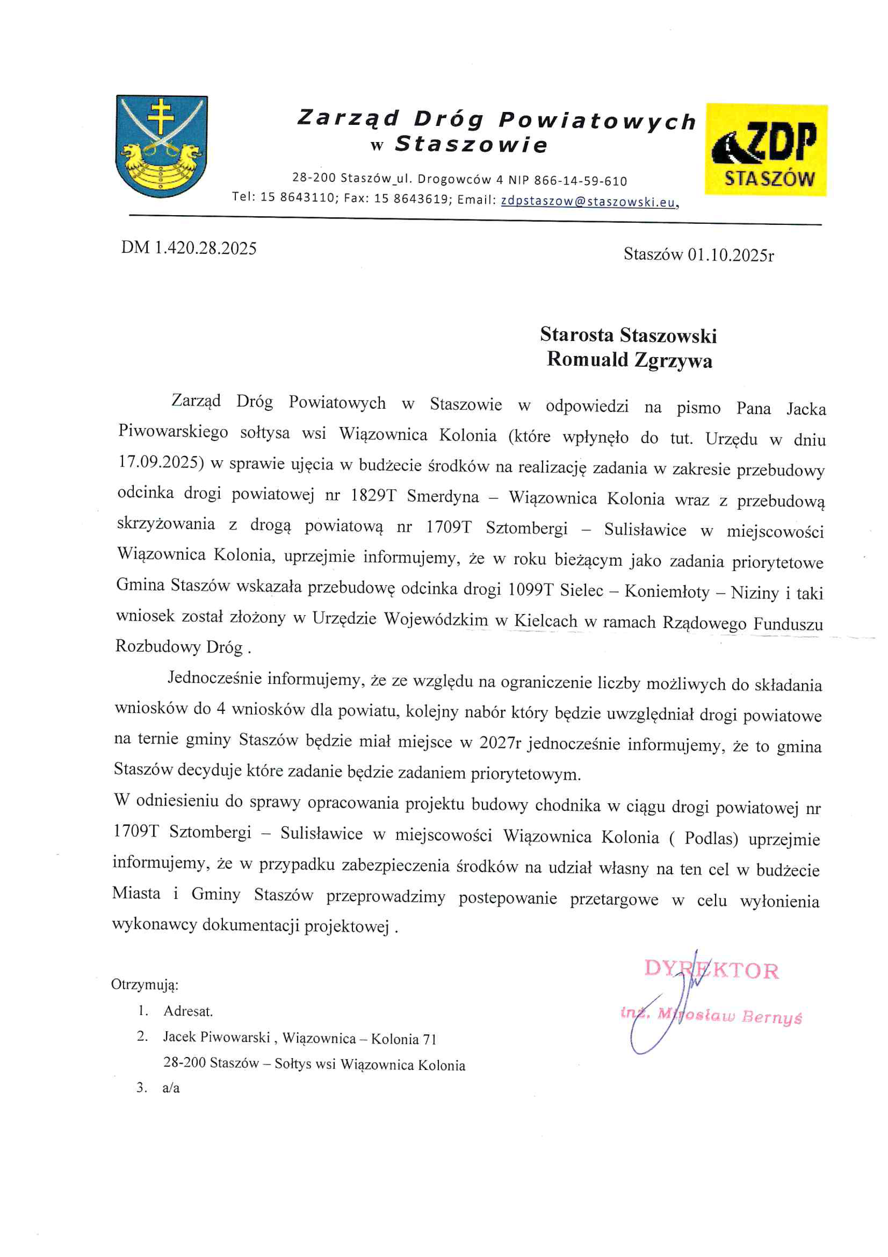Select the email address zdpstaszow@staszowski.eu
588,201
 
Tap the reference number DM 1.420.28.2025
189,248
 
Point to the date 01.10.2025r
730,255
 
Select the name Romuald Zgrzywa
629,360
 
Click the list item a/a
171,1088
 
